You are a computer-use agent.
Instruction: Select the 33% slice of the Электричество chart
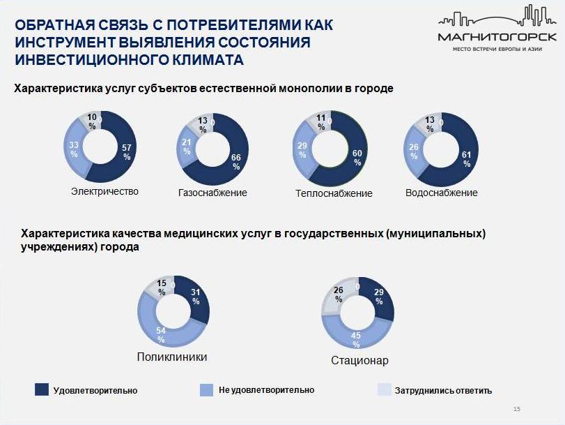[x=75, y=149]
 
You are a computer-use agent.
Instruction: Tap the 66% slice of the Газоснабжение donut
[x=237, y=158]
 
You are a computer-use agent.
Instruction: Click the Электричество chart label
[x=105, y=191]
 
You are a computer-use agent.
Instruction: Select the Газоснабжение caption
[x=213, y=193]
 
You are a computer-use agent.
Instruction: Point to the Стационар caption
[x=359, y=361]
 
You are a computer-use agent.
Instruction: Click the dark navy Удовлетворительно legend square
[x=41, y=389]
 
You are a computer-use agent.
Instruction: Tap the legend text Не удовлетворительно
[x=266, y=389]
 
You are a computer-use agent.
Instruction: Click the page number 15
[x=516, y=409]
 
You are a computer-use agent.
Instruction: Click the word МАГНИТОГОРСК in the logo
[x=497, y=36]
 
